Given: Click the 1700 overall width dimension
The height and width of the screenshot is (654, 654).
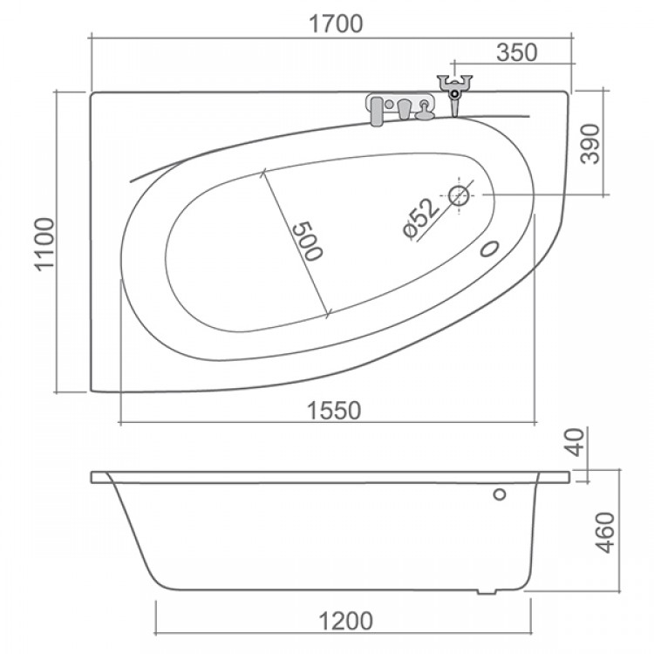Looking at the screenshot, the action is [336, 24].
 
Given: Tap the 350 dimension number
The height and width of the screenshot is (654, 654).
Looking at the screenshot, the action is [517, 52].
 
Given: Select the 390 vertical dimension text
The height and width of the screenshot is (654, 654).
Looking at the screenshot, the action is [590, 144].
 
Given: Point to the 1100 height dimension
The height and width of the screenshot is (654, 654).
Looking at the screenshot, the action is [45, 244].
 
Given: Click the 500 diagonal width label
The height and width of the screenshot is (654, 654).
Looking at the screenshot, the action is [308, 241].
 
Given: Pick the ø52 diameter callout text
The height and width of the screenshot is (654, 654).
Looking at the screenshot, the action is [421, 218].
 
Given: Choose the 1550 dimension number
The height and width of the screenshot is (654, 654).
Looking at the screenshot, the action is [334, 411].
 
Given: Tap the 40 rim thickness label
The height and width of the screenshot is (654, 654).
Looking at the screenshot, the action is [576, 442].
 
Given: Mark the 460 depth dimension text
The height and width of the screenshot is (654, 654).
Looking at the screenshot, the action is [606, 533].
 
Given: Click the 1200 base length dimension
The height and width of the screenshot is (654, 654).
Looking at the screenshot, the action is [345, 621].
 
